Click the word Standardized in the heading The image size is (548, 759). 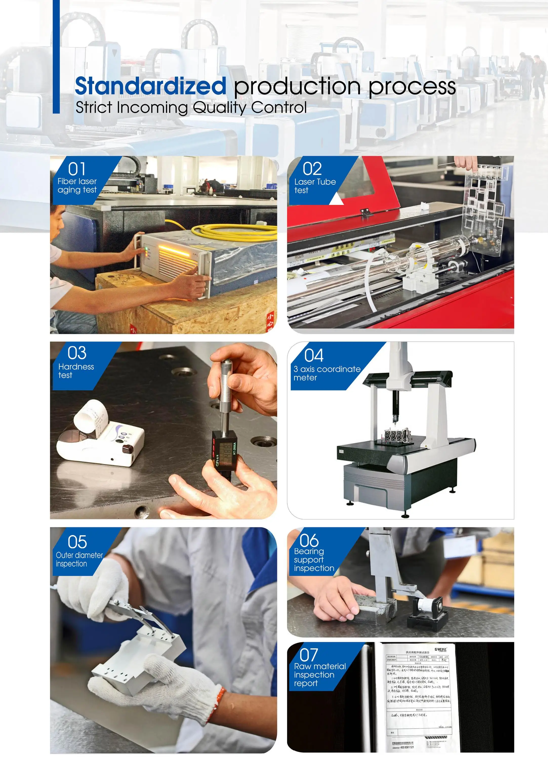pyautogui.click(x=150, y=86)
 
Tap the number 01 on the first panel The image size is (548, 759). pyautogui.click(x=77, y=169)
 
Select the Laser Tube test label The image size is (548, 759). pyautogui.click(x=315, y=186)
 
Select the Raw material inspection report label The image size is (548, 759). pyautogui.click(x=319, y=675)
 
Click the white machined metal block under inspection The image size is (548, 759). pyautogui.click(x=134, y=656)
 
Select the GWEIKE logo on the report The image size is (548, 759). pyautogui.click(x=440, y=649)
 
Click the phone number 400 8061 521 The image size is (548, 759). pyautogui.click(x=407, y=747)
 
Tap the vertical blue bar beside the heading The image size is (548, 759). pyautogui.click(x=56, y=57)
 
